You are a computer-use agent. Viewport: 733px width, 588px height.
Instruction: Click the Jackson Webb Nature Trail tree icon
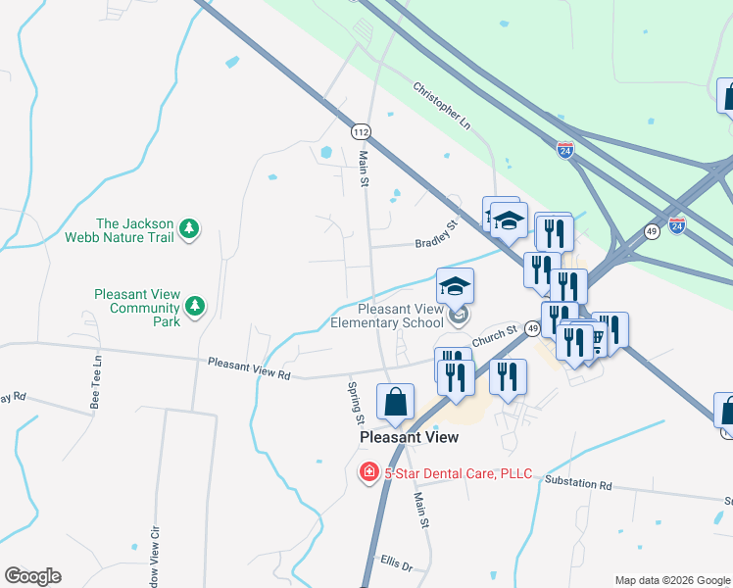(190, 230)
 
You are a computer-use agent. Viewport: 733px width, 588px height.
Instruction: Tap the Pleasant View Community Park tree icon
(196, 307)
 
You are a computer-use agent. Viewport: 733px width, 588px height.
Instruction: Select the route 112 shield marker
(361, 131)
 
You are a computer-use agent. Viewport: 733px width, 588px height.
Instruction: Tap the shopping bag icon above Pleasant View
(395, 402)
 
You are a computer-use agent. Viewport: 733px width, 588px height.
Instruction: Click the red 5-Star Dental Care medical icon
(369, 473)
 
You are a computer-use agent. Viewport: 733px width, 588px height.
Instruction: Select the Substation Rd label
(577, 484)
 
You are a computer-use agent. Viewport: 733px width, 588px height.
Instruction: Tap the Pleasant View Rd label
(250, 368)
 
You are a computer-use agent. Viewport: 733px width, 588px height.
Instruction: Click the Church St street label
(493, 337)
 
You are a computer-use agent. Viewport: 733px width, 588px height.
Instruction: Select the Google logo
(32, 576)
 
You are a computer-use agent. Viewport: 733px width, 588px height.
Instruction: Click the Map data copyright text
(671, 580)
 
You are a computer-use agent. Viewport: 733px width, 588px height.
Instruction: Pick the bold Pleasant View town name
(410, 437)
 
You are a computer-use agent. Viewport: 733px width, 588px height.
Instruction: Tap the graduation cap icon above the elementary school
(455, 286)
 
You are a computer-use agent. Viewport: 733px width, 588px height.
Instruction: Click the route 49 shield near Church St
(533, 328)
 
